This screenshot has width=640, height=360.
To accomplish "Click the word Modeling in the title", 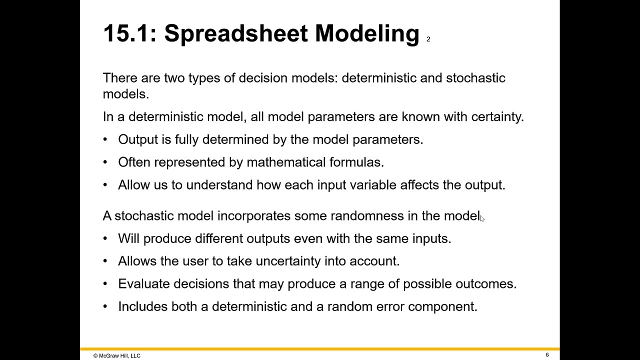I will point(366,34).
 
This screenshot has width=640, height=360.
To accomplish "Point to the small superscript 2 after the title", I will point(428,39).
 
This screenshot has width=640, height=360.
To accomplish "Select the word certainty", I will point(497,116).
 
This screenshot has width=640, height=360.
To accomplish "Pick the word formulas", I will point(356,162).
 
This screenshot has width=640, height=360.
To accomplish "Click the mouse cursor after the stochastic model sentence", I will point(482,217).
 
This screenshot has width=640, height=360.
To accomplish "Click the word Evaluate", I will point(144,283).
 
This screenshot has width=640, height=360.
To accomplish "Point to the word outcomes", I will point(485,283).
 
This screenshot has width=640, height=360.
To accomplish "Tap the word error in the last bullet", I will point(390,306).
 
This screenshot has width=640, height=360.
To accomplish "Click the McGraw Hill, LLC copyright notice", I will point(116,355).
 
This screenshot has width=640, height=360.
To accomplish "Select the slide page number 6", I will point(547,355).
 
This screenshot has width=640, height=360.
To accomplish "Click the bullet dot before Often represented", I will point(105,162).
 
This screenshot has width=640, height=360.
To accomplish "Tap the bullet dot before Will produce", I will point(105,238).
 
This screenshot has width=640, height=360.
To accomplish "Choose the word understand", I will point(219,185).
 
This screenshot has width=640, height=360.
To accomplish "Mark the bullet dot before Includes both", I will point(105,306).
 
